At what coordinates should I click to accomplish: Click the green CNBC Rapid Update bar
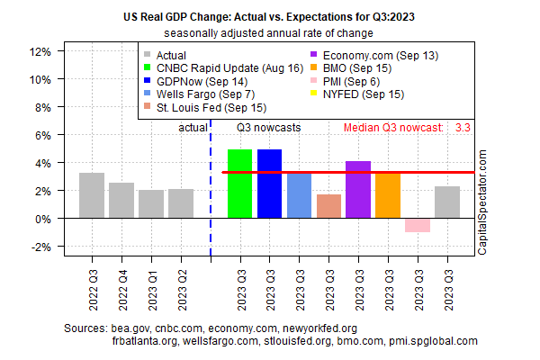(x=239, y=184)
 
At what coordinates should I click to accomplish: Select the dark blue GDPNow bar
(x=269, y=184)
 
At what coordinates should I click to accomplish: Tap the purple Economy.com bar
(x=358, y=190)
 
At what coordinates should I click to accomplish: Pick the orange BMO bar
(x=388, y=195)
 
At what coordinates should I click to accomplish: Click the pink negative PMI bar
(x=417, y=225)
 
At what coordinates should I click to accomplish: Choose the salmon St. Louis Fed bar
(x=328, y=206)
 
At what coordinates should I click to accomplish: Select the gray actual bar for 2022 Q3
(x=92, y=195)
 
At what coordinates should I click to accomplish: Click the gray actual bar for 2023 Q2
(x=181, y=203)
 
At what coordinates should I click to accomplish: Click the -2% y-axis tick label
(x=40, y=247)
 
